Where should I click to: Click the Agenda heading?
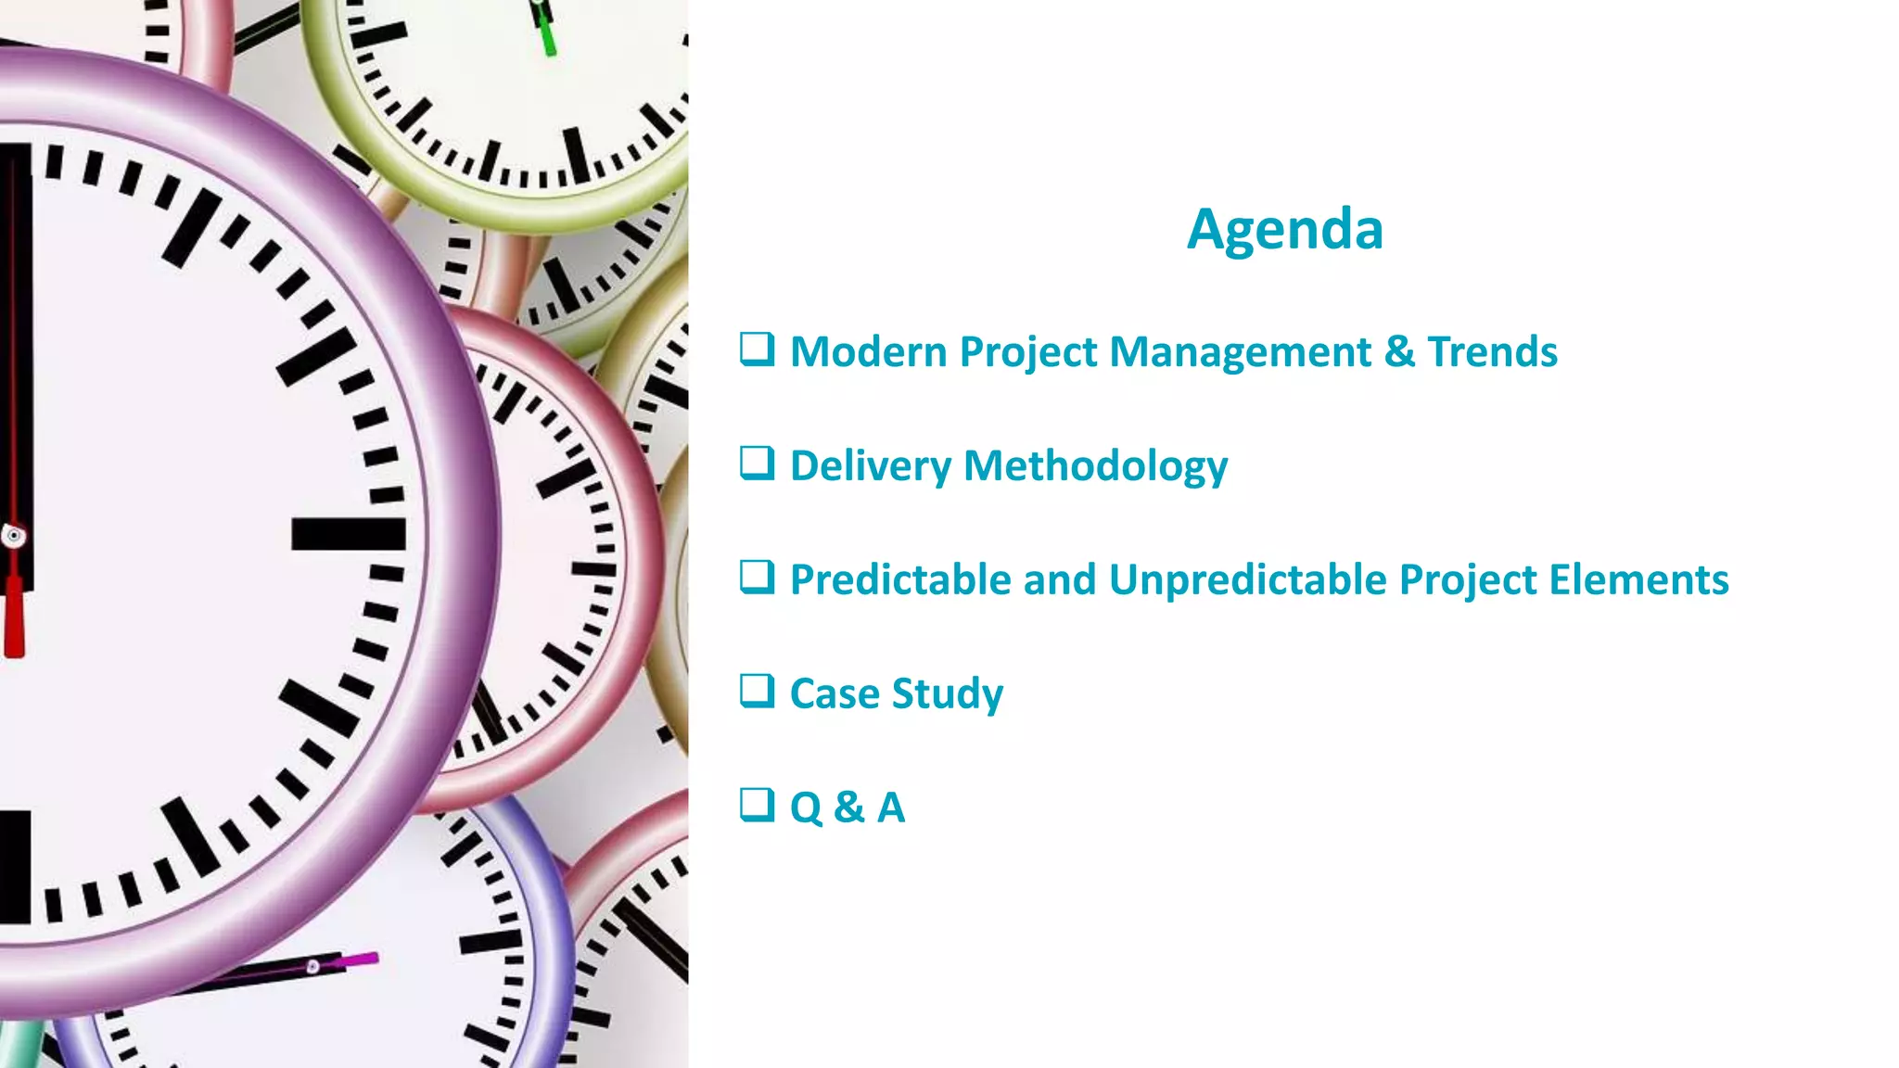[x=1284, y=229]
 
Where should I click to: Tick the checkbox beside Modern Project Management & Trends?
[x=757, y=350]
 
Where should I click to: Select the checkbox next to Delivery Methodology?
[x=757, y=464]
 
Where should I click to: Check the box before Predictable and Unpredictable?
[x=757, y=578]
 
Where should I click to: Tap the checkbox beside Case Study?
[x=757, y=692]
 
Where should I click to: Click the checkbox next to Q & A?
[x=757, y=806]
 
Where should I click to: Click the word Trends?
[x=1492, y=352]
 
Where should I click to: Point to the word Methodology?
[x=1095, y=466]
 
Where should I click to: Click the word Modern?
[x=868, y=352]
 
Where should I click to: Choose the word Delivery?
[x=870, y=466]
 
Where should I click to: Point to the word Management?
[x=1240, y=352]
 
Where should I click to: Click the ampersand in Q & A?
[x=848, y=807]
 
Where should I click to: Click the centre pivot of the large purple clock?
[x=13, y=535]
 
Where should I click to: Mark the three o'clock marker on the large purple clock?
[x=348, y=535]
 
